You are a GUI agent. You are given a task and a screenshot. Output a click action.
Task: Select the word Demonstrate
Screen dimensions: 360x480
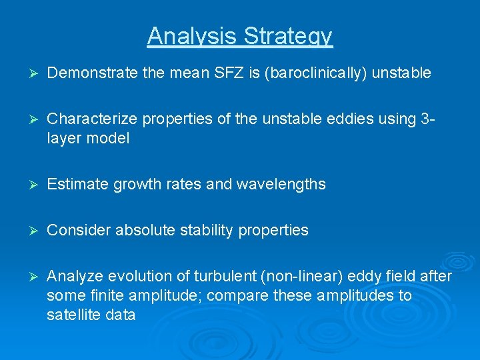tap(93, 73)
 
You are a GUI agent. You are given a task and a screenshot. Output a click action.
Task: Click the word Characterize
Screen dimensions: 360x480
tap(90, 119)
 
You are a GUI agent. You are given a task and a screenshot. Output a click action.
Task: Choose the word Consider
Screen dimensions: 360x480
tap(75, 230)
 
